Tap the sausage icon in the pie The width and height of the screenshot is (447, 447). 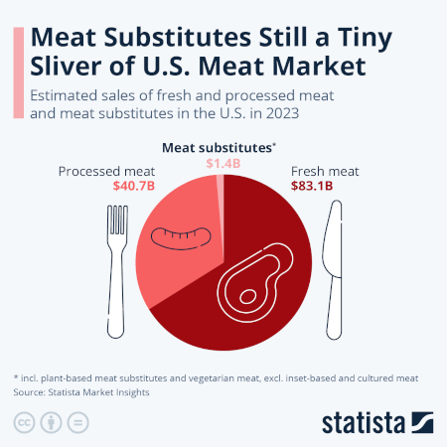[x=182, y=235]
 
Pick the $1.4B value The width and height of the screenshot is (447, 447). [x=223, y=162]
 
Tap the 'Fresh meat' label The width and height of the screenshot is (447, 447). [x=325, y=171]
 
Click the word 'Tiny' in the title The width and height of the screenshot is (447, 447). [x=364, y=38]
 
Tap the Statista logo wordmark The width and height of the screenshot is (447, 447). [x=363, y=421]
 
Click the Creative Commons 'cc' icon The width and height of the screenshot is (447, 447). [x=22, y=422]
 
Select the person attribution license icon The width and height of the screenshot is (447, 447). [x=50, y=422]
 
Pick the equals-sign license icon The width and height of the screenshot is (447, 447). [x=77, y=422]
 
